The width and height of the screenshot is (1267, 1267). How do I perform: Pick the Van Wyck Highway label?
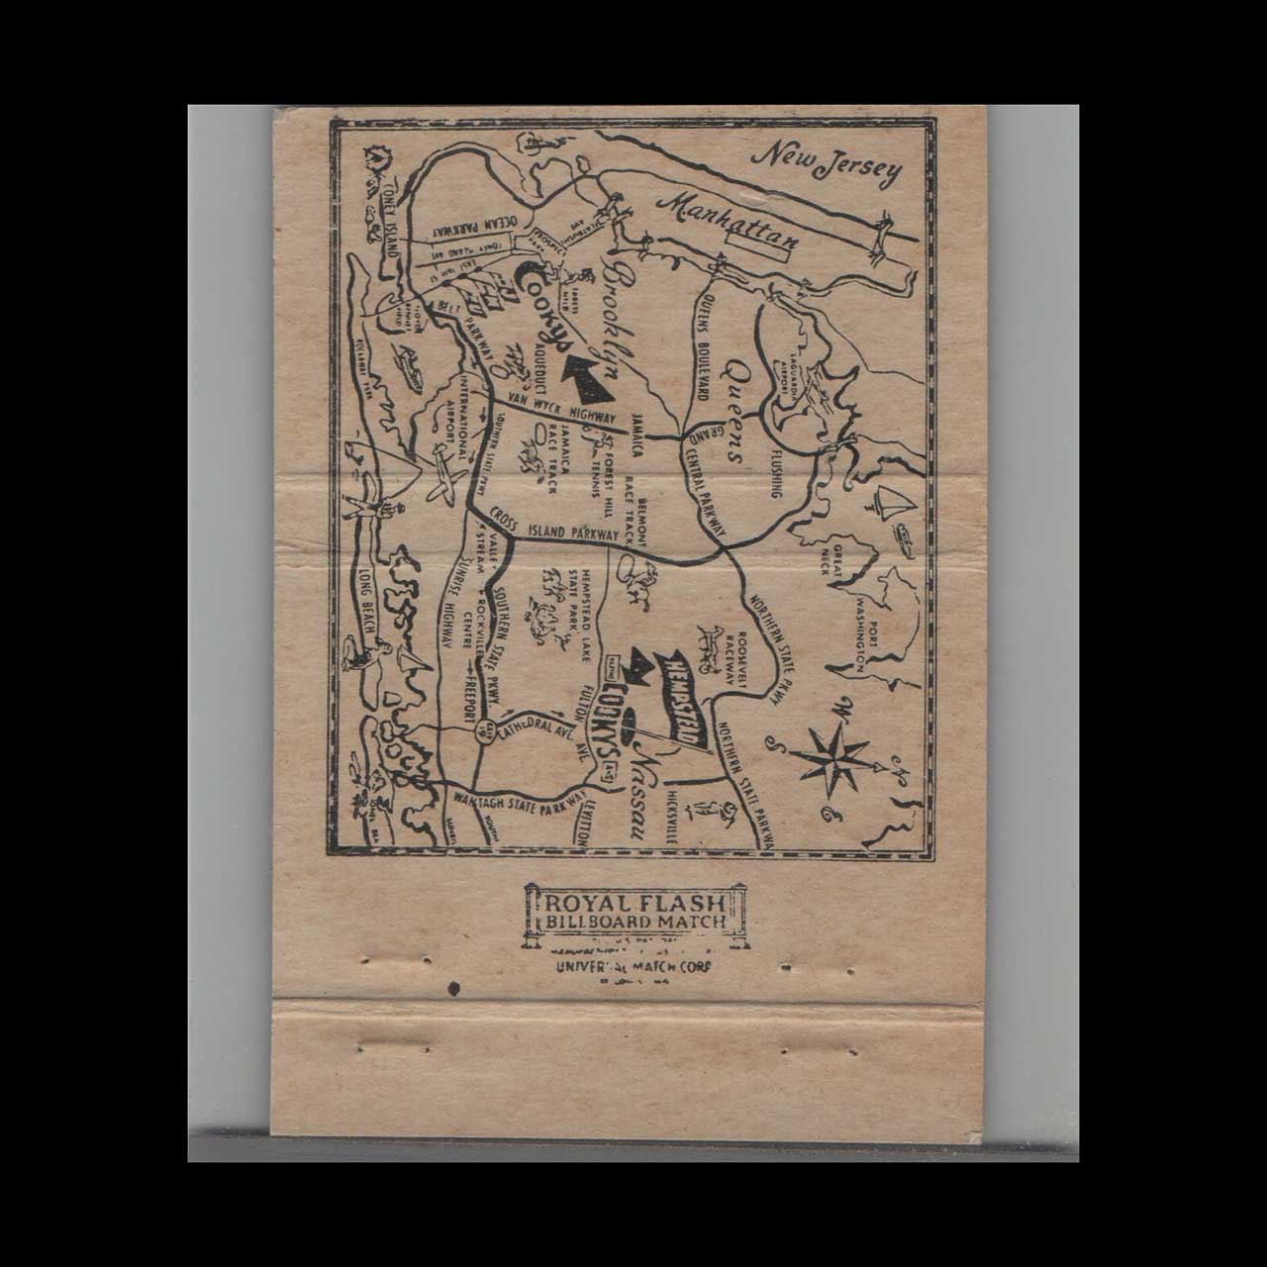pos(560,407)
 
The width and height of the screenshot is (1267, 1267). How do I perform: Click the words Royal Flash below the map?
pos(637,904)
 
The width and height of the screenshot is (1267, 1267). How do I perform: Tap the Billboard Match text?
pos(637,923)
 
